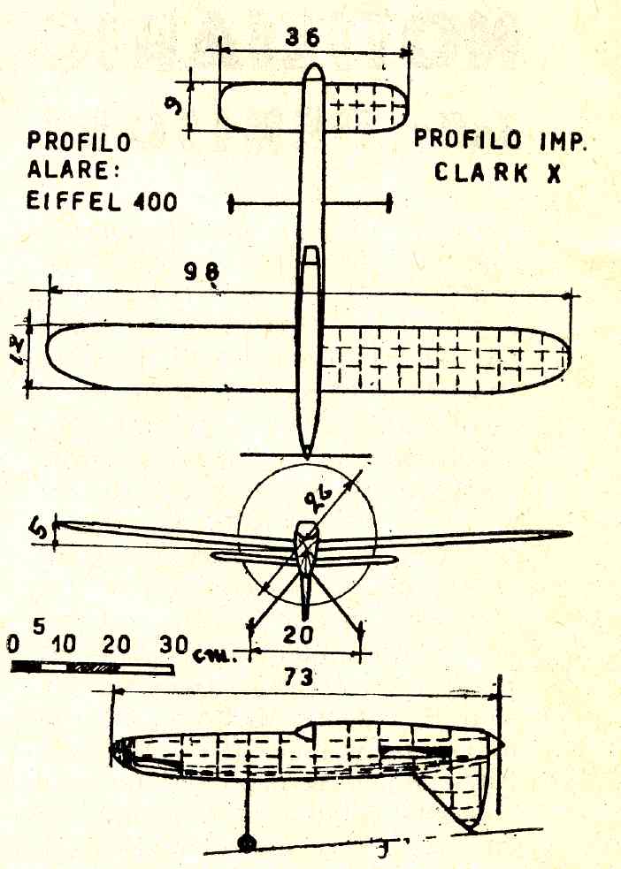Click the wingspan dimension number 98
[x=202, y=273]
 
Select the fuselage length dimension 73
[x=303, y=678]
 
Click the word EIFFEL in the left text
[x=77, y=202]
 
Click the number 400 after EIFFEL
[x=155, y=202]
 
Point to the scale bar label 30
[x=172, y=644]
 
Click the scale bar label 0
[x=11, y=644]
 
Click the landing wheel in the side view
[x=247, y=842]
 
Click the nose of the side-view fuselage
[x=117, y=752]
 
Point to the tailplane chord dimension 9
[x=178, y=104]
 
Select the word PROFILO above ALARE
[x=79, y=141]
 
